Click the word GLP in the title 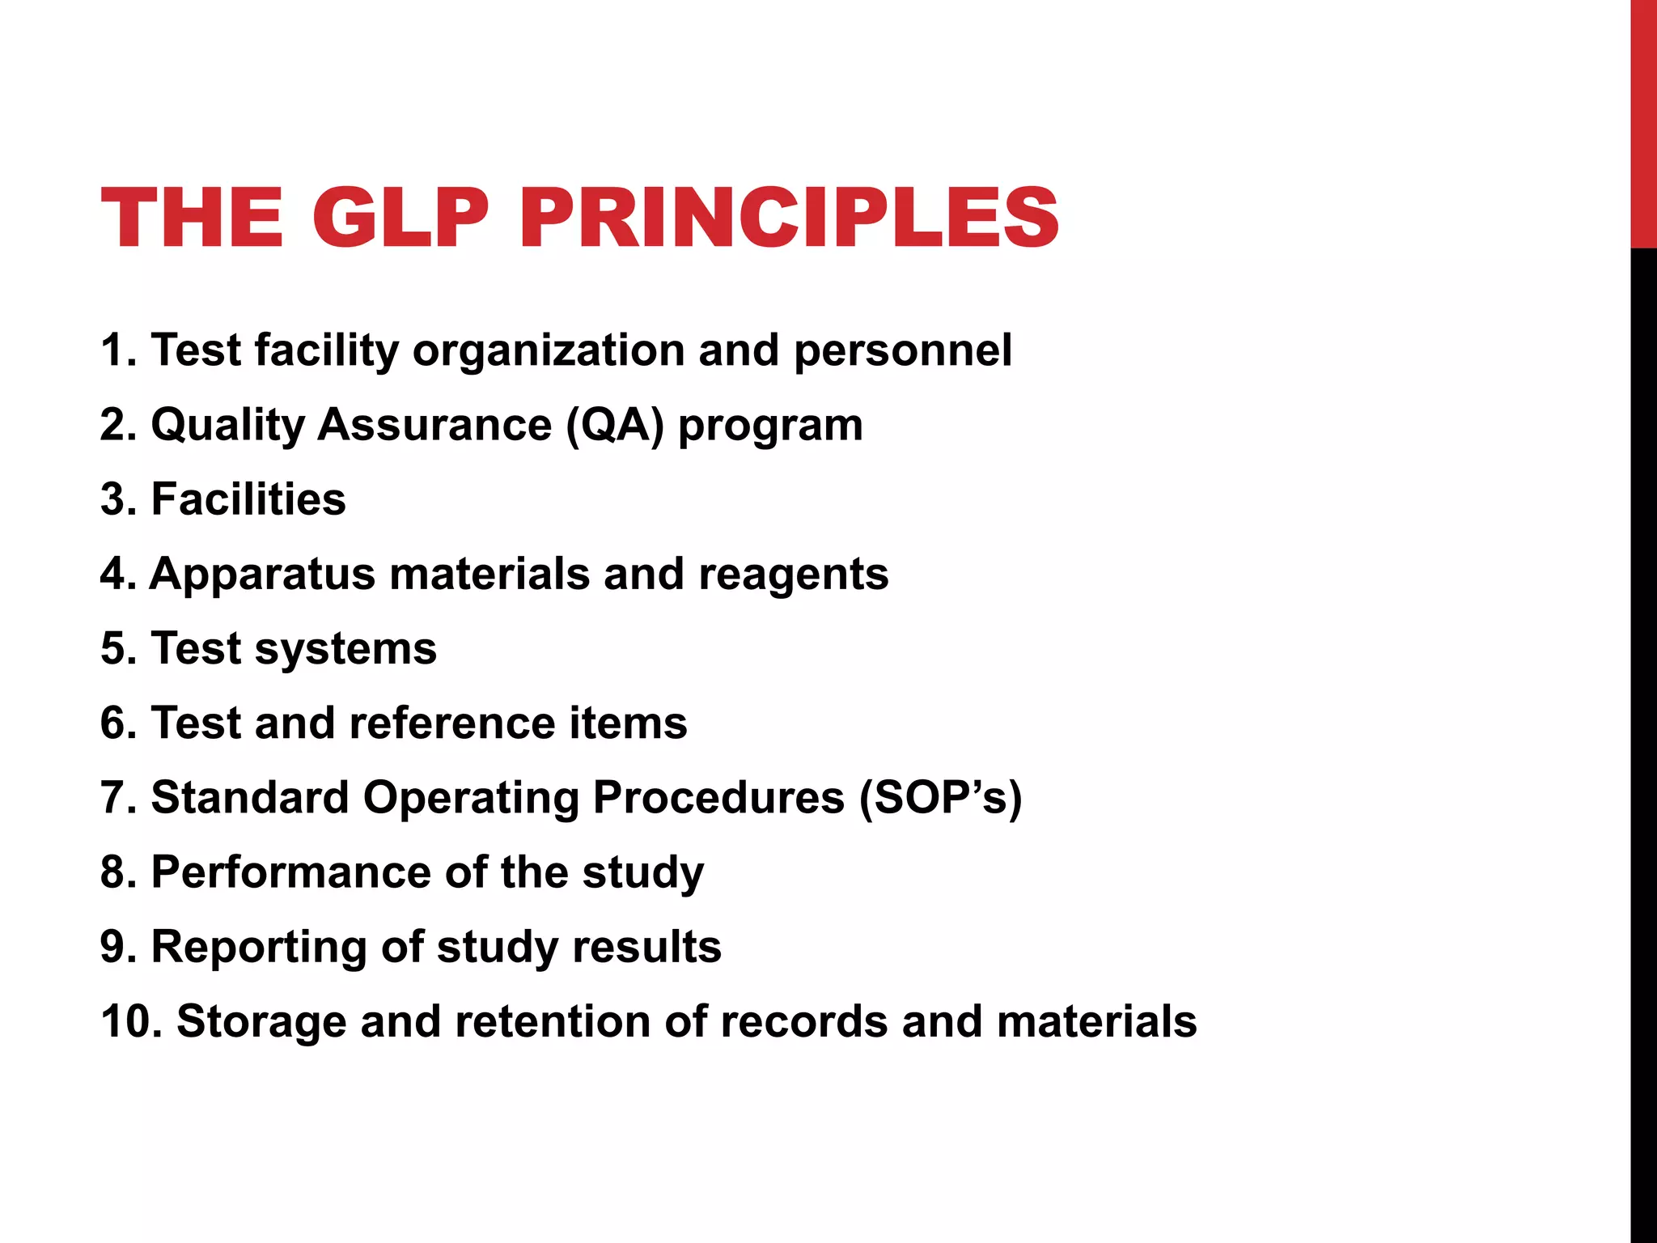pos(400,218)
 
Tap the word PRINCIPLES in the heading pos(789,218)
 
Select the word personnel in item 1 pos(902,351)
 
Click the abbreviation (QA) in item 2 pos(615,425)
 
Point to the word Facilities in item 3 pos(248,499)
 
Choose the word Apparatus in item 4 pos(263,575)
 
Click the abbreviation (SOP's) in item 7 pos(940,799)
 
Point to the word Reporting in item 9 pos(259,948)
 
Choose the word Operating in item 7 pos(471,799)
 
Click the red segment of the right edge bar pos(1643,121)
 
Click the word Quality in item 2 pos(227,426)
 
